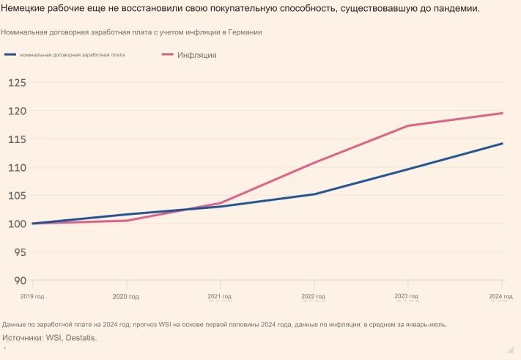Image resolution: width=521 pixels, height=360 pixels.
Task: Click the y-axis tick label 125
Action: click(x=17, y=83)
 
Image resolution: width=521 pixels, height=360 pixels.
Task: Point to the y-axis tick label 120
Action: click(x=17, y=111)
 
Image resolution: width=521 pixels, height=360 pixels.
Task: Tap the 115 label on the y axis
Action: click(x=17, y=139)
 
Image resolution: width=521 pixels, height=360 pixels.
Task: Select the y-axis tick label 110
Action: click(x=17, y=167)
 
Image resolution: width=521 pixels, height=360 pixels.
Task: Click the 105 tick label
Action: click(x=17, y=196)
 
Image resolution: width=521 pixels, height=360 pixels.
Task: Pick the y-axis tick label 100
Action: click(x=17, y=224)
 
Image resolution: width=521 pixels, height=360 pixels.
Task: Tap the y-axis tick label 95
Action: click(x=20, y=252)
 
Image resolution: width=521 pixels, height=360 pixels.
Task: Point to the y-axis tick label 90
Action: click(x=20, y=280)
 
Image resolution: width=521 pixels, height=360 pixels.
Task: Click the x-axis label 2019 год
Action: click(x=32, y=296)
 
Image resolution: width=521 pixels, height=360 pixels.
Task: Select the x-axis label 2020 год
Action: click(x=126, y=296)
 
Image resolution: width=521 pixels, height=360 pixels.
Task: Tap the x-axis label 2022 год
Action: click(x=314, y=296)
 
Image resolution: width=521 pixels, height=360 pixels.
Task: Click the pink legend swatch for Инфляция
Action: click(x=167, y=55)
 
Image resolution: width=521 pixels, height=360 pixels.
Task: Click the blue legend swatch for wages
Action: click(x=10, y=55)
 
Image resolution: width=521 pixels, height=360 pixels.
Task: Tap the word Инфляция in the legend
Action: click(x=196, y=55)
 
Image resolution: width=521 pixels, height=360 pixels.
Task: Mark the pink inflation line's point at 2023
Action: click(x=407, y=125)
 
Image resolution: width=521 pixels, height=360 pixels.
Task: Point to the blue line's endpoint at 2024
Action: click(x=502, y=144)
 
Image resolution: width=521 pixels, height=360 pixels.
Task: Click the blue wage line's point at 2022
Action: click(x=314, y=194)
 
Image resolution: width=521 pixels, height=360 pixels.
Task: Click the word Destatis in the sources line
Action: click(x=81, y=338)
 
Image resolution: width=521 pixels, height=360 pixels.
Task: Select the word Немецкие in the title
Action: click(x=26, y=9)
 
